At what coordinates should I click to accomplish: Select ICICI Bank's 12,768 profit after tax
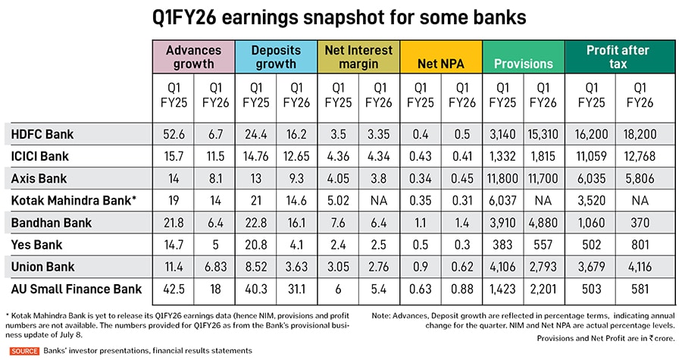tap(637, 157)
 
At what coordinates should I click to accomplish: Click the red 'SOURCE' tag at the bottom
tap(24, 351)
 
